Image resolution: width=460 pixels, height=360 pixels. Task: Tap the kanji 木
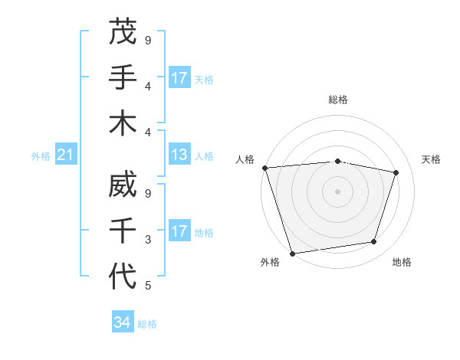(123, 124)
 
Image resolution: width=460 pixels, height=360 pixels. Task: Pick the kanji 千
(123, 231)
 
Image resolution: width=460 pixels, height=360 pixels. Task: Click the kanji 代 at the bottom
(123, 277)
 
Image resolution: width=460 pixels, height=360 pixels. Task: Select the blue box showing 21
(66, 155)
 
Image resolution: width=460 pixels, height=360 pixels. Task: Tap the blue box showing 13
(179, 155)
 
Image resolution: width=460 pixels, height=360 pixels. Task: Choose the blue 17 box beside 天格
(179, 78)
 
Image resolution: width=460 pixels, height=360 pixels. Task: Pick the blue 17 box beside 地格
(179, 231)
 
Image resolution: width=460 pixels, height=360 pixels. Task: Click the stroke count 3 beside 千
(148, 240)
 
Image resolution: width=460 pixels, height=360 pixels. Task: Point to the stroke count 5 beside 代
(148, 286)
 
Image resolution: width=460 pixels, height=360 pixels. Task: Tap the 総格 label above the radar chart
(338, 100)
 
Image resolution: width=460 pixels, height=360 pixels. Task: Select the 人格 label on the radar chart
(245, 159)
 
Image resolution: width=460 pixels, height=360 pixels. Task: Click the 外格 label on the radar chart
(269, 263)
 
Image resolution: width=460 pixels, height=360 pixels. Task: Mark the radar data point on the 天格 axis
(396, 172)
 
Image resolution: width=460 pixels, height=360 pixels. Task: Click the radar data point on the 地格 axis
(373, 242)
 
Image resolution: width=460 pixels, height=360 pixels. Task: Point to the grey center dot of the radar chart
(337, 191)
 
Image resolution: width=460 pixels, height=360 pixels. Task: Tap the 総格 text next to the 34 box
(147, 324)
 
